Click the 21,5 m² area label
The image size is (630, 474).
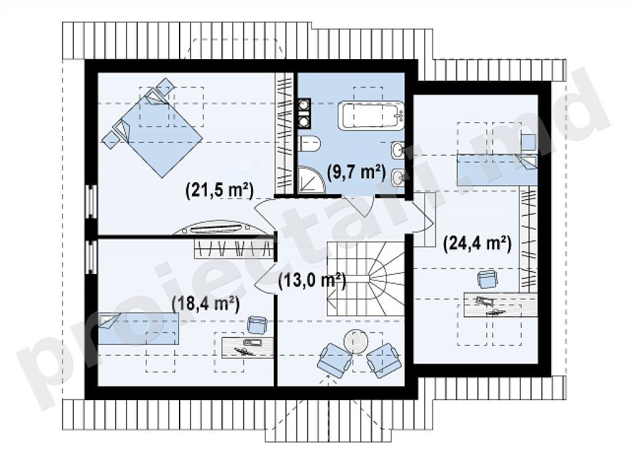click(x=220, y=191)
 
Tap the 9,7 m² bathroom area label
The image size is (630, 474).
click(x=356, y=172)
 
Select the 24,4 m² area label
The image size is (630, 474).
click(x=477, y=244)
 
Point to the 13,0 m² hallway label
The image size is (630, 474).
click(x=312, y=281)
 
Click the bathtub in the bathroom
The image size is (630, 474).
click(x=370, y=115)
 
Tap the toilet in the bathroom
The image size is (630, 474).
click(x=309, y=144)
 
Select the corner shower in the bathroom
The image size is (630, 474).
click(x=310, y=179)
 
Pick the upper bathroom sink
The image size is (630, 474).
click(x=398, y=150)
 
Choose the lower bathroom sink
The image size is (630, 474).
click(x=398, y=177)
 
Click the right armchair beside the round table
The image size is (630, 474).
click(x=384, y=360)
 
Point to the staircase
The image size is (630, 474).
click(x=365, y=278)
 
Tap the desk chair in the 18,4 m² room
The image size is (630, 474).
click(x=257, y=325)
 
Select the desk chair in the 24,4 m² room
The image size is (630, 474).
click(x=487, y=279)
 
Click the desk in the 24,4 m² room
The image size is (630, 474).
click(x=501, y=305)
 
